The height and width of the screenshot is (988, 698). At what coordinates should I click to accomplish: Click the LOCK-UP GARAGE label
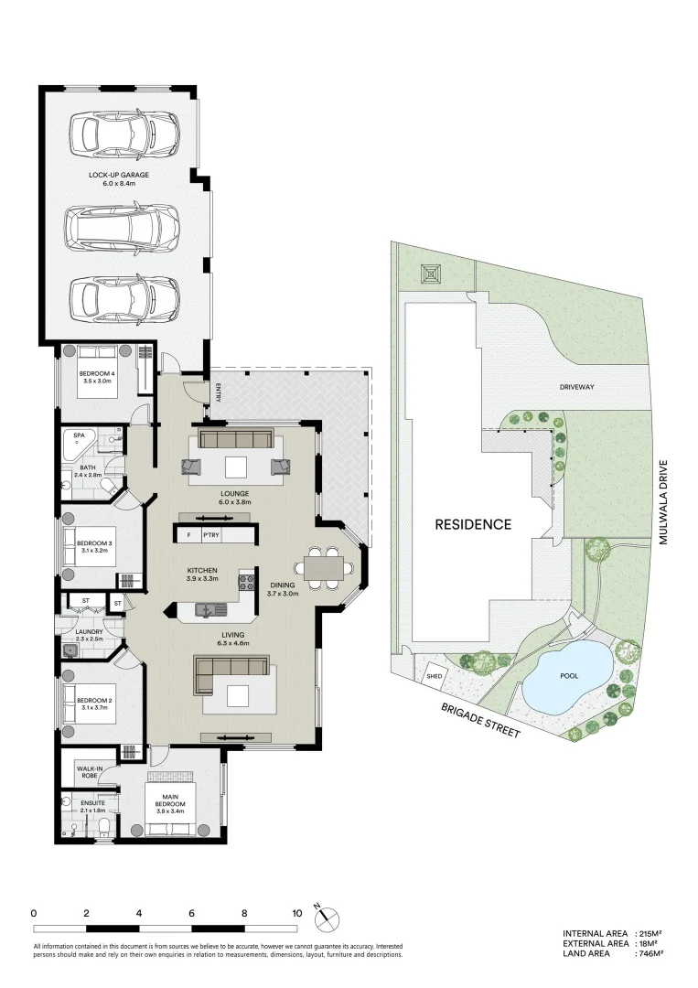[x=119, y=174]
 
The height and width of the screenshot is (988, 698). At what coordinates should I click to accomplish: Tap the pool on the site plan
[x=569, y=678]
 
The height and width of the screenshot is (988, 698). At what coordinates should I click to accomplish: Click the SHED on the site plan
[x=434, y=677]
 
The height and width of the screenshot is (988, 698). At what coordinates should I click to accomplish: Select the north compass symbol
[x=327, y=916]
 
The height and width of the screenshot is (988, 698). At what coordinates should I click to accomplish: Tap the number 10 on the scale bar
[x=296, y=912]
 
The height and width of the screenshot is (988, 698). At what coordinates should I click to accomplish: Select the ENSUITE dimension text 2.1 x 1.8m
[x=92, y=811]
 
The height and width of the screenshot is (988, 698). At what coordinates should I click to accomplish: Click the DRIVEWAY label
[x=577, y=387]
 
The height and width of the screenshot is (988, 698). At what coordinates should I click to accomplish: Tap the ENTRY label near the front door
[x=218, y=392]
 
